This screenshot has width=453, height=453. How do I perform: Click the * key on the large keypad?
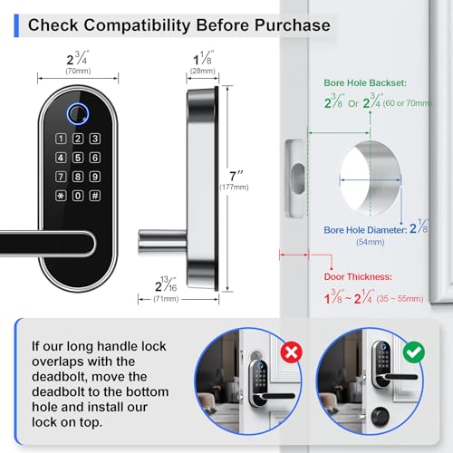(61, 195)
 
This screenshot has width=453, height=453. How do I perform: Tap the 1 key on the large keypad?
(61, 139)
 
